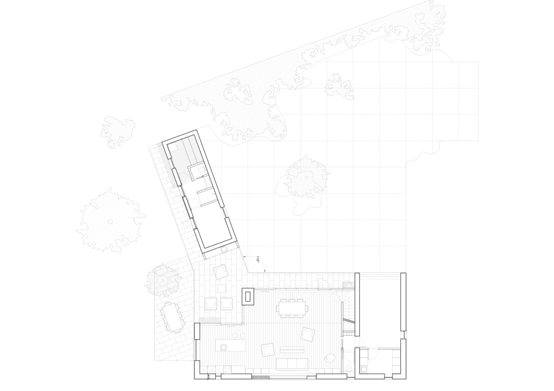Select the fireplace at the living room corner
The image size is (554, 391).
click(248, 296)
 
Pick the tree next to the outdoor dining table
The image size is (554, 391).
click(163, 279)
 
